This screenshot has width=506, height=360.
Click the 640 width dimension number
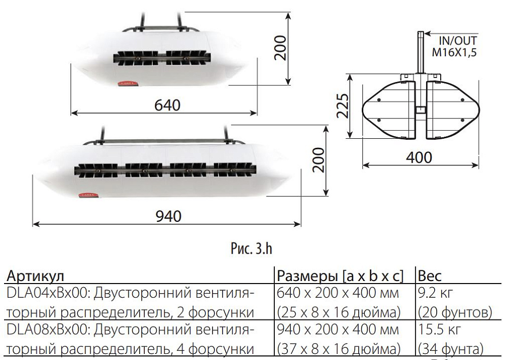click(x=167, y=105)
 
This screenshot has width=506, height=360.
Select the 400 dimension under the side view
click(x=419, y=157)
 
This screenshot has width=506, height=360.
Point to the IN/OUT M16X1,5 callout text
click(x=454, y=46)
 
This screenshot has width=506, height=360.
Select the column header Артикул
click(x=35, y=276)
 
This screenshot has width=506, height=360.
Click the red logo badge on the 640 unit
click(x=124, y=81)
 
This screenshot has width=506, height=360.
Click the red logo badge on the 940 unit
click(x=87, y=193)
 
